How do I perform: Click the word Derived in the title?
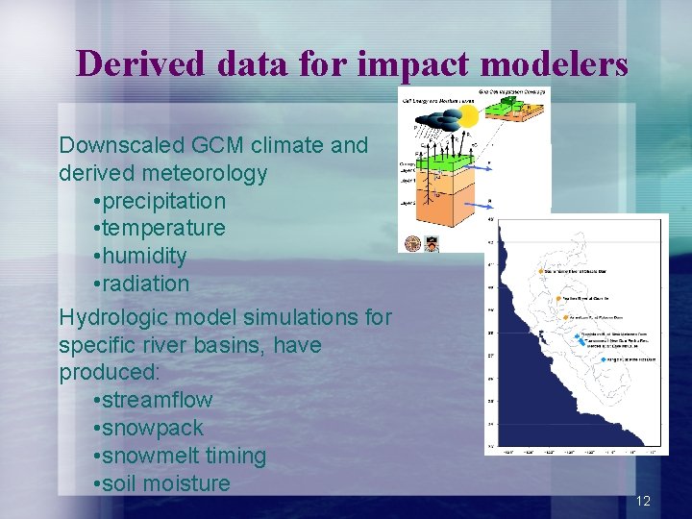coord(140,63)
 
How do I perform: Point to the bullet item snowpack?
coord(155,428)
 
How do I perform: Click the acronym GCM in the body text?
coord(225,145)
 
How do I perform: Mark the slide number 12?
coord(643,501)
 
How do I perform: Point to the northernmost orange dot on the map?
coord(546,271)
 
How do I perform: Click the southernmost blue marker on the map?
coord(603,359)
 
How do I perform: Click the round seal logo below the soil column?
coord(414,243)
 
